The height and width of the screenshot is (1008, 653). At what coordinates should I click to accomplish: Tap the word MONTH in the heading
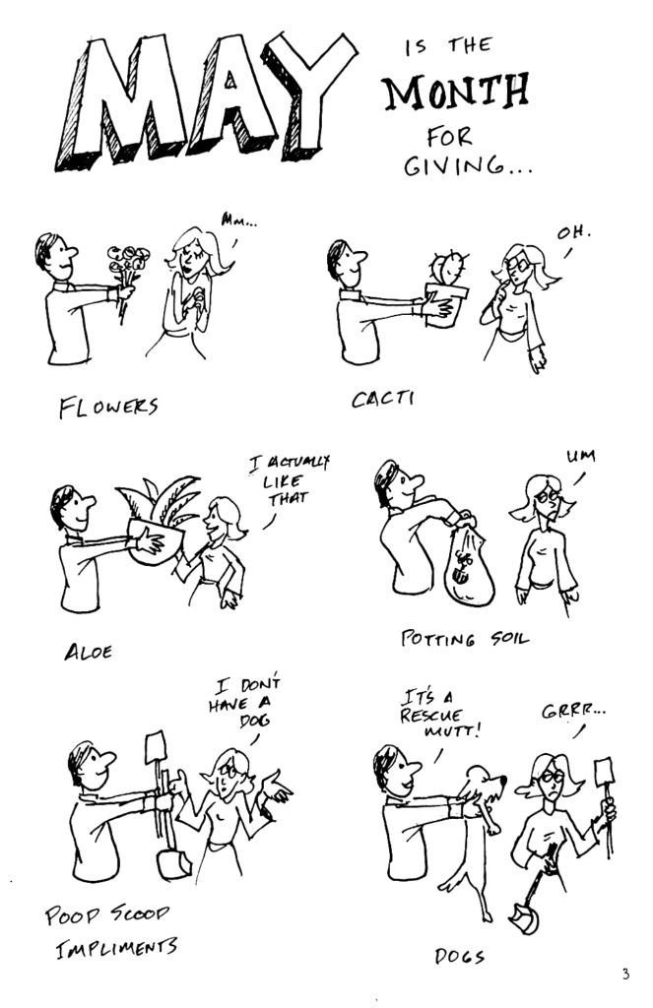click(457, 92)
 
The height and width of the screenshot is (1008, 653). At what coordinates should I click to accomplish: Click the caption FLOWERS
click(108, 407)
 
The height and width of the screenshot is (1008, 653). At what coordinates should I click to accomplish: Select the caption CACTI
click(382, 399)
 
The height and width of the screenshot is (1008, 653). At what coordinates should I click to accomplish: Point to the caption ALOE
click(88, 652)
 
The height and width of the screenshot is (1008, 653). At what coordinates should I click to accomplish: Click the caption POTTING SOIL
click(465, 638)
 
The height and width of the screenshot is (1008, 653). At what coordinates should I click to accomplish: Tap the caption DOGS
click(459, 956)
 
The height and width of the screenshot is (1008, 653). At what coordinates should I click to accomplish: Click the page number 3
click(626, 974)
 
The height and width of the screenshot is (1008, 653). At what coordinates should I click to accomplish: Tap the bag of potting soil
click(470, 566)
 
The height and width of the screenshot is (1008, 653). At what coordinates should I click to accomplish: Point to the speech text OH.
click(573, 232)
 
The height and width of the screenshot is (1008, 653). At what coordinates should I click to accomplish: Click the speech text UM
click(580, 457)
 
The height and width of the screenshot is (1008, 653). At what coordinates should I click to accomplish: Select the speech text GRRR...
click(572, 711)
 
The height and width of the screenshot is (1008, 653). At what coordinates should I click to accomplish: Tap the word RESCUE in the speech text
click(430, 716)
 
